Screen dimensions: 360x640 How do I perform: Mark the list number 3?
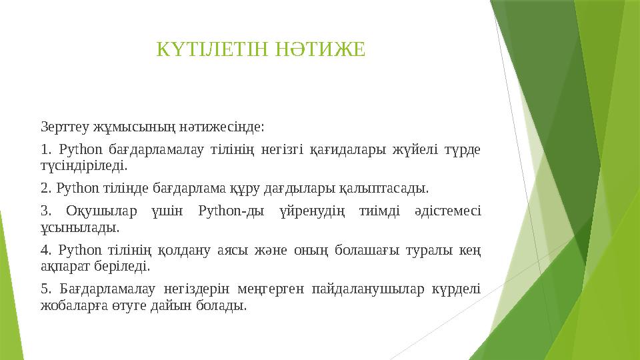(45, 212)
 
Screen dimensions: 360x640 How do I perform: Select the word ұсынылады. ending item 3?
(80, 227)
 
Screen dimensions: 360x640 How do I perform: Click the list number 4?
(45, 251)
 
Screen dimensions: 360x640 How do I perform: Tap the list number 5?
(45, 290)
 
